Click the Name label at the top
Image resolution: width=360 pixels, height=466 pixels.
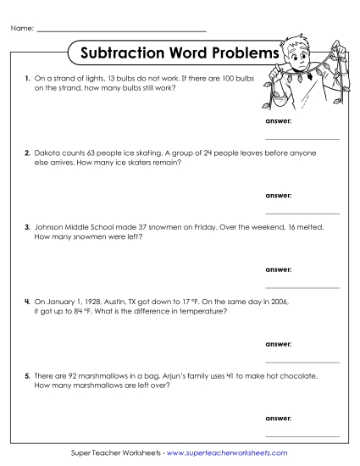tap(23, 30)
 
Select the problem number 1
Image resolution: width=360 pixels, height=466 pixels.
tap(27, 78)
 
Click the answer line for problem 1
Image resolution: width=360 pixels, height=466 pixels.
tap(302, 138)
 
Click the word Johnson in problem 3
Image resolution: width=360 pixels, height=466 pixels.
tap(49, 228)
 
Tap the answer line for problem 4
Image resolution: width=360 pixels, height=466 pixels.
tap(302, 362)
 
